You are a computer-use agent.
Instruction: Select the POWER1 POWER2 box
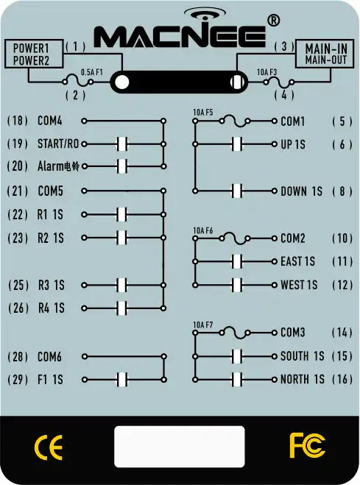34,54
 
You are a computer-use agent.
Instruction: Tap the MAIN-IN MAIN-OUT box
325,54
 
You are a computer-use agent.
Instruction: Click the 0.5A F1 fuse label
91,72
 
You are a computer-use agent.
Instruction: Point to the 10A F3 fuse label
267,72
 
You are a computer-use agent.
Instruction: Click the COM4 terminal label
50,121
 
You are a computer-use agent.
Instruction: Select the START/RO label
58,144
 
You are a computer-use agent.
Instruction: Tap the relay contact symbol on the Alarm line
122,166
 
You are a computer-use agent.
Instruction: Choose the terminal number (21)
18,191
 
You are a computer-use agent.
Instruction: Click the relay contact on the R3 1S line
122,285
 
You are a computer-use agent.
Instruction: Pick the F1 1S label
50,380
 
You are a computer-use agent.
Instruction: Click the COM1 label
293,121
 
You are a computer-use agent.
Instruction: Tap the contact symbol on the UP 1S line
237,144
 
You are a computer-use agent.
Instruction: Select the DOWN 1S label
301,191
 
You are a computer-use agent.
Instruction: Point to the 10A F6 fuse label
203,231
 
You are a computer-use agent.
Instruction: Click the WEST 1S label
299,285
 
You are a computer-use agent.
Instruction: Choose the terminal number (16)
342,379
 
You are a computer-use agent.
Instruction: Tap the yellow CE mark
49,447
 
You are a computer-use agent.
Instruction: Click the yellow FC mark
308,445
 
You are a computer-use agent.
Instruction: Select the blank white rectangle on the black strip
180,447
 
